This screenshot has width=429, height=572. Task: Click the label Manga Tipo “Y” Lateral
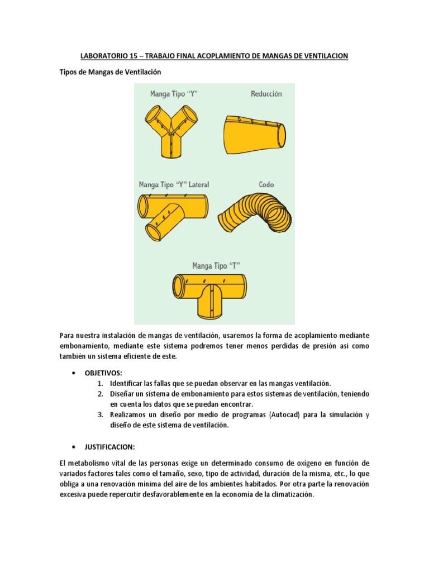(174, 184)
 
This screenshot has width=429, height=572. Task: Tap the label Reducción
(266, 94)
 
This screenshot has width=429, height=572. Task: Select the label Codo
(266, 184)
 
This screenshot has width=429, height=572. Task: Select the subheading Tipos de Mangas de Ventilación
(110, 72)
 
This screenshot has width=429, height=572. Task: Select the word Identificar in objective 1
(126, 383)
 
